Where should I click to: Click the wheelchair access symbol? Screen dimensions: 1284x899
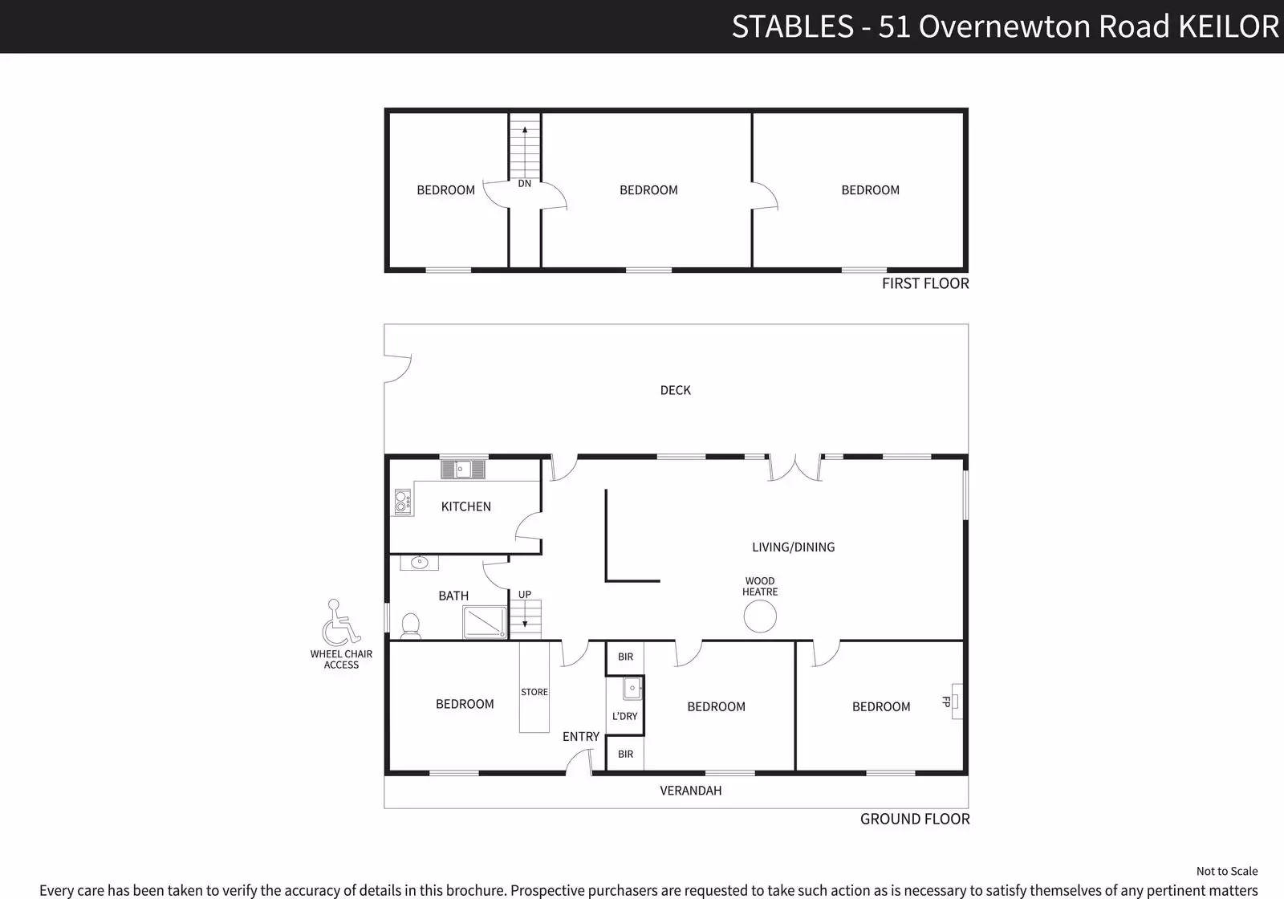tap(340, 623)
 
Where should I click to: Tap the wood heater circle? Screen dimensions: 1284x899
tap(760, 616)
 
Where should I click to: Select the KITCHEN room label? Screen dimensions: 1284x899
tap(466, 506)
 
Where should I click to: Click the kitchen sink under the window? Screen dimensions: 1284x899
tap(463, 469)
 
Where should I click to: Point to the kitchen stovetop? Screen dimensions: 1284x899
tap(403, 502)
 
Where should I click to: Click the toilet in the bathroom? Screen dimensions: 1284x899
tap(410, 625)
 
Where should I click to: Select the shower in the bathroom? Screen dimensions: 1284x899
tap(485, 622)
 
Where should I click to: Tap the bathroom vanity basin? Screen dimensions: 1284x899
tap(419, 563)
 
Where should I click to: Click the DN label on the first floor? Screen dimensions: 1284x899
tap(525, 184)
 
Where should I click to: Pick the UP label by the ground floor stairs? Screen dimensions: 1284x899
tap(525, 595)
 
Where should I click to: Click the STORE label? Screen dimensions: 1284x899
tap(534, 692)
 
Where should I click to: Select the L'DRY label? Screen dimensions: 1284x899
tap(625, 716)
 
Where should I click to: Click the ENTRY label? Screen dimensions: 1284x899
tap(581, 737)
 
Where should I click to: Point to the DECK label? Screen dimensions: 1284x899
tap(675, 390)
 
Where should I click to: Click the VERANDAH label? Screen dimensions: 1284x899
tap(691, 791)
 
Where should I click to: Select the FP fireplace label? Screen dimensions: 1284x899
tap(946, 702)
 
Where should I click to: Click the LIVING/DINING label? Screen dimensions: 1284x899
tap(794, 547)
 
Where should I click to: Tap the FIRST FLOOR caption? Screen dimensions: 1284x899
tap(925, 283)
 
